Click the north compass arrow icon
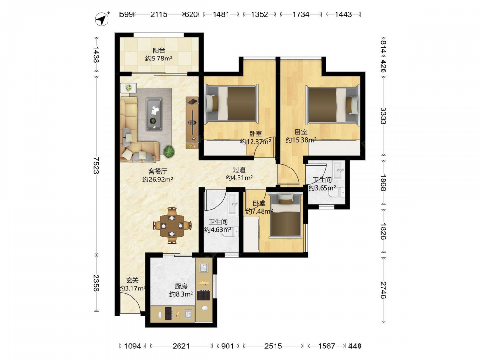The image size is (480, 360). click(102, 19)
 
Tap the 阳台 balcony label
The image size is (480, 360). click(158, 50)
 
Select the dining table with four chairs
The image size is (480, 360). click(172, 226)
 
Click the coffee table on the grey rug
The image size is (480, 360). click(154, 114)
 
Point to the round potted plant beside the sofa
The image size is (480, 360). click(168, 151)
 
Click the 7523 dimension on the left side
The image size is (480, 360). click(96, 165)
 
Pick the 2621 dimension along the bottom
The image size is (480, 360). click(181, 346)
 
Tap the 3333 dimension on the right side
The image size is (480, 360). click(383, 115)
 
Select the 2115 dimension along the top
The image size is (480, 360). click(158, 14)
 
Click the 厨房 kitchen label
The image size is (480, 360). click(181, 286)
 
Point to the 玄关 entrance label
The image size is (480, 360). click(132, 280)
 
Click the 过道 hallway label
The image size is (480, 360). click(239, 169)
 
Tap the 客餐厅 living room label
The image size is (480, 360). click(157, 171)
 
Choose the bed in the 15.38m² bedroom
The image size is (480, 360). click(333, 106)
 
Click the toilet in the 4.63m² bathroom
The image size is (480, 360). click(233, 232)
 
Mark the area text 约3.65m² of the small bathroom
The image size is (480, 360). click(322, 188)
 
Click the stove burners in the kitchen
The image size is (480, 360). click(203, 295)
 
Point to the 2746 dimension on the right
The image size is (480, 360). click(383, 289)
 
